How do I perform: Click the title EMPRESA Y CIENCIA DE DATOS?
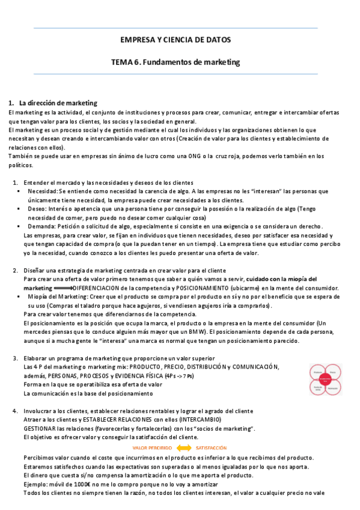click(x=175, y=40)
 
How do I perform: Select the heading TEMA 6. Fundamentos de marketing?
click(x=175, y=62)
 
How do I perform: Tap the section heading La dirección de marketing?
click(x=58, y=103)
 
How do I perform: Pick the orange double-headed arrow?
click(x=183, y=448)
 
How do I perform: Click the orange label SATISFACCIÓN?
click(x=211, y=448)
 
